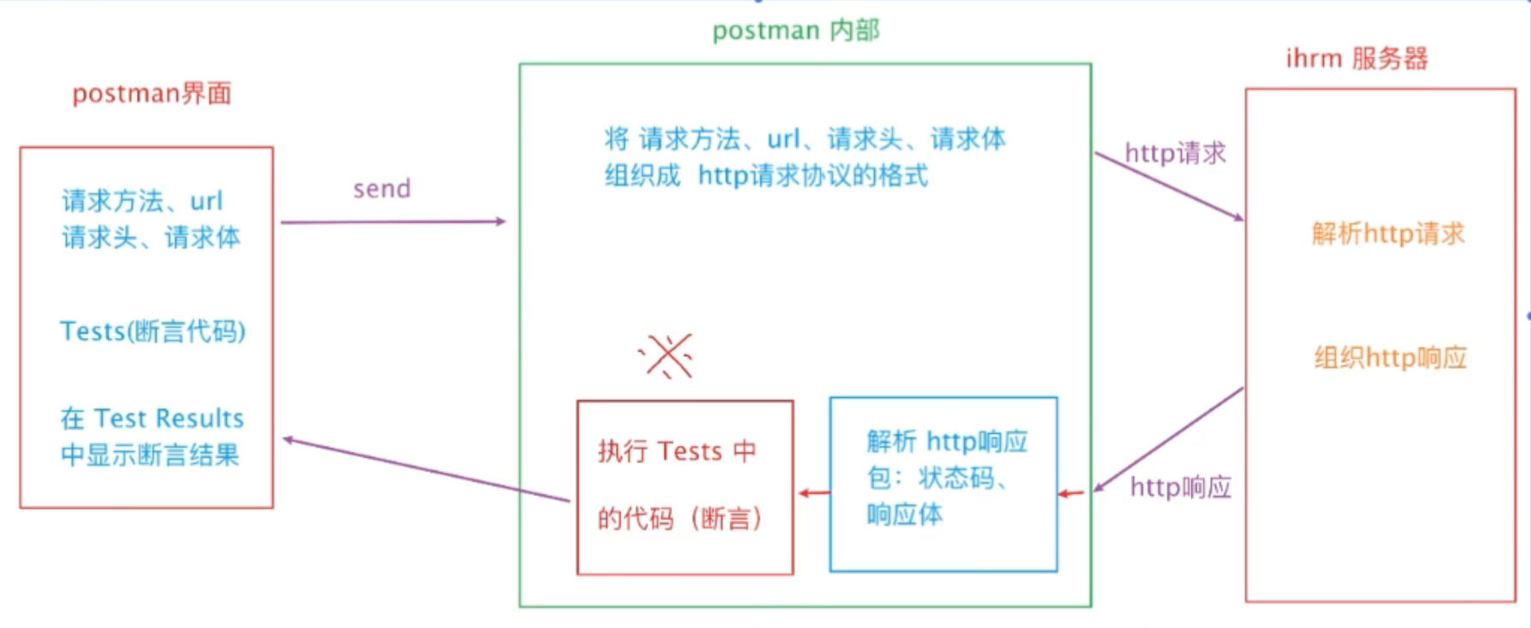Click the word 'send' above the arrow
(x=381, y=189)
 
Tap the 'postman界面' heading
(x=151, y=93)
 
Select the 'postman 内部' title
(x=795, y=31)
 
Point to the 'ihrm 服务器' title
(x=1357, y=59)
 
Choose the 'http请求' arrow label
(x=1174, y=153)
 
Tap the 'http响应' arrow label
(x=1180, y=488)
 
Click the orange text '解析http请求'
(x=1387, y=234)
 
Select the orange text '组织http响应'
(x=1390, y=358)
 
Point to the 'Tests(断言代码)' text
(x=152, y=331)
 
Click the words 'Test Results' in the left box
(x=168, y=418)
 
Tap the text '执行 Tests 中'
(x=676, y=451)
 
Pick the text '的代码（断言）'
(x=679, y=518)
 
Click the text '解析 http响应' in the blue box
(x=946, y=441)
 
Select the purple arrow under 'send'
(x=393, y=222)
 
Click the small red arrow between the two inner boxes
(x=813, y=493)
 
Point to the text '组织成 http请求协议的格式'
(x=765, y=176)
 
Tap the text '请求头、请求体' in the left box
(x=151, y=237)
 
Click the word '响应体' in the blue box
(x=904, y=515)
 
